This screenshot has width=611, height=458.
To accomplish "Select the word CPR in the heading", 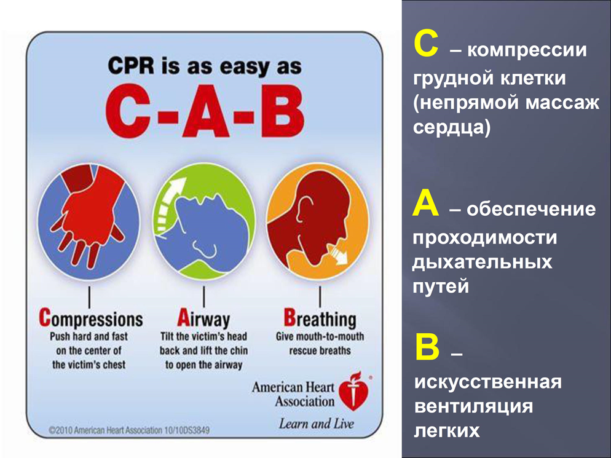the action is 131,65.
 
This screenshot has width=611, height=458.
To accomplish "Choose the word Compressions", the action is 91,319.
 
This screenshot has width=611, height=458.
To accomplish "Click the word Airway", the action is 203,319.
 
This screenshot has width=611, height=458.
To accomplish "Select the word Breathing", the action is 320,319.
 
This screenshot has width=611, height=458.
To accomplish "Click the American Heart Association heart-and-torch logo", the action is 354,391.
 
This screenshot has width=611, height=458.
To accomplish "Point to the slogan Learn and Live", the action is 317,424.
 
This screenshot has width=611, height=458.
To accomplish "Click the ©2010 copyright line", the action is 129,430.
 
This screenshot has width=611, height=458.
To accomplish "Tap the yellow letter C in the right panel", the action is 427,45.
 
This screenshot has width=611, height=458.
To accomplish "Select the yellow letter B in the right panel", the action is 427,347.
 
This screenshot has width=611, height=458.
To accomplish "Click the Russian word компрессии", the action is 527,50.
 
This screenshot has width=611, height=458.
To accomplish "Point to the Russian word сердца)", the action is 452,127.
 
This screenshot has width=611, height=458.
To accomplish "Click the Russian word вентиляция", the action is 473,406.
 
